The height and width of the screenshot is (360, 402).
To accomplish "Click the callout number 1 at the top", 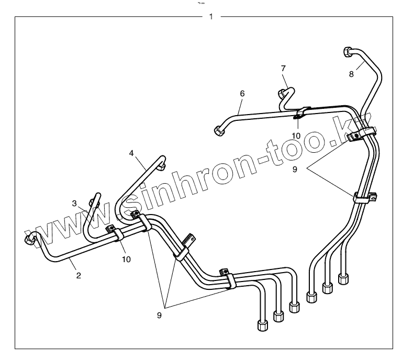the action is (211, 16).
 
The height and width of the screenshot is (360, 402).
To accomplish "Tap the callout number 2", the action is (79, 275).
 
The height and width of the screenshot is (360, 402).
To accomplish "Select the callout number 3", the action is (74, 203).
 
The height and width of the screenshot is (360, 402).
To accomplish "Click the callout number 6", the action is (242, 94).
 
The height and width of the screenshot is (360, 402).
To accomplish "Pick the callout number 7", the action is (283, 69).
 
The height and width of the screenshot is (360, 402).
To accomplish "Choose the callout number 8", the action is (351, 74).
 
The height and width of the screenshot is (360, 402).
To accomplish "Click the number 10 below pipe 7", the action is (296, 135).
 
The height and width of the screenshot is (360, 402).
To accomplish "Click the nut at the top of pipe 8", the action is (347, 51).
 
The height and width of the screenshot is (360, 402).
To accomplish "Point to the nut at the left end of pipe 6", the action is (218, 130).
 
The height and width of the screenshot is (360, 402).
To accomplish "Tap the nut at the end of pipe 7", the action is (282, 94).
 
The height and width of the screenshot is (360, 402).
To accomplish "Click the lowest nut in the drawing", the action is (262, 325).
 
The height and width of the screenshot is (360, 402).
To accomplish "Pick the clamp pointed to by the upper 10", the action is (302, 112).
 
